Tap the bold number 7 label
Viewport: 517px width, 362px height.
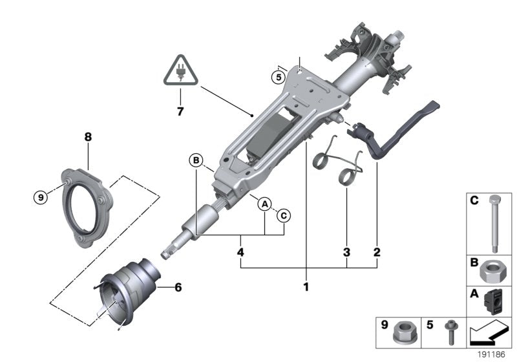pyautogui.click(x=180, y=111)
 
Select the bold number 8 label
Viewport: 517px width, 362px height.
pyautogui.click(x=88, y=137)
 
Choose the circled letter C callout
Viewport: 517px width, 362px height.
pyautogui.click(x=284, y=216)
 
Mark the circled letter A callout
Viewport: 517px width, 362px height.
pyautogui.click(x=264, y=204)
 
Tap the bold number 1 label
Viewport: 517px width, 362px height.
pyautogui.click(x=306, y=285)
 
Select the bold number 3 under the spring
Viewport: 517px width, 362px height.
pyautogui.click(x=346, y=251)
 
